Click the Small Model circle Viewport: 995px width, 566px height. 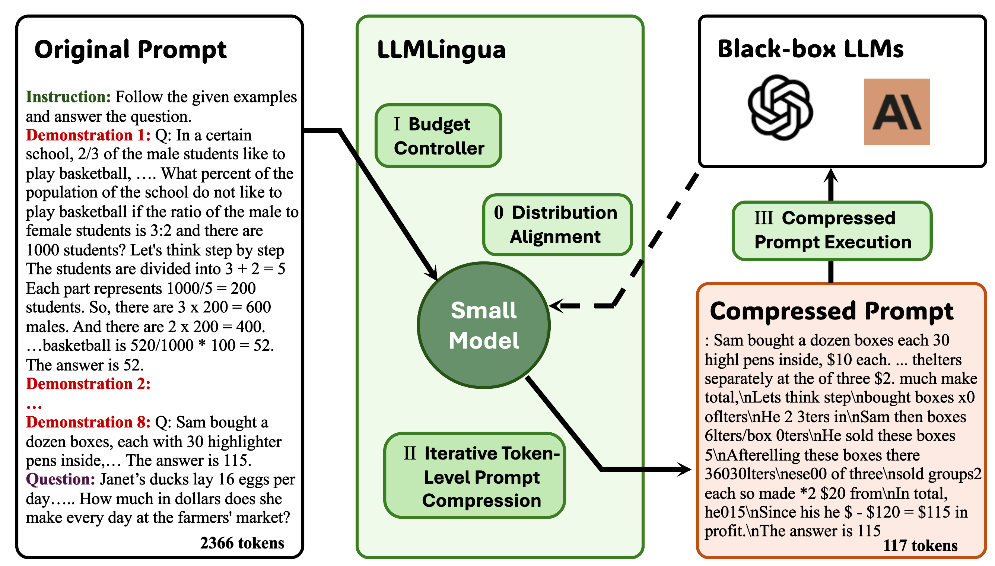[x=483, y=325]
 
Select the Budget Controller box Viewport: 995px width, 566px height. [x=438, y=136]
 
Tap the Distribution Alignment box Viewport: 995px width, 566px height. [x=557, y=225]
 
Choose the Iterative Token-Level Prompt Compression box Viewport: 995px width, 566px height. [x=474, y=476]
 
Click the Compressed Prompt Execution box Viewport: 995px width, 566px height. [x=832, y=230]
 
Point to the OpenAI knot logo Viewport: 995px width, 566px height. [x=780, y=107]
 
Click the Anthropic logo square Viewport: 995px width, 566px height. [x=897, y=112]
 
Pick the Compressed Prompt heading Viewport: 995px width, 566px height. [x=832, y=311]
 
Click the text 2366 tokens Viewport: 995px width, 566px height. [x=242, y=543]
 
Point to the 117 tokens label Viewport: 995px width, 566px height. [x=920, y=546]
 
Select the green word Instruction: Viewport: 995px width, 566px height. [x=69, y=97]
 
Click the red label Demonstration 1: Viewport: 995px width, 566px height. [x=88, y=135]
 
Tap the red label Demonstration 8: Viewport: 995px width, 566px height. [x=88, y=422]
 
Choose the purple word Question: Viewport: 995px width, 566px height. [x=60, y=479]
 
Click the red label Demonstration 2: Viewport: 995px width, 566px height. [x=88, y=384]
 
